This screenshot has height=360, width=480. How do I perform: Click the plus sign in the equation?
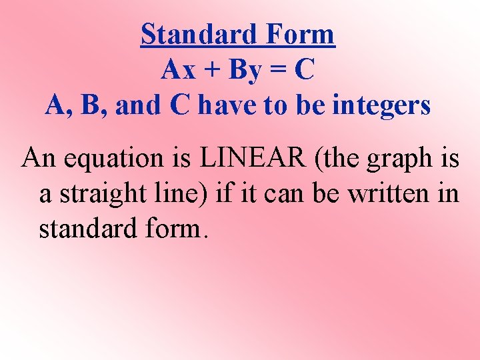210,70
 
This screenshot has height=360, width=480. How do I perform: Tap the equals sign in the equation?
279,71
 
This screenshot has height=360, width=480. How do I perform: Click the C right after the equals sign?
304,70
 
